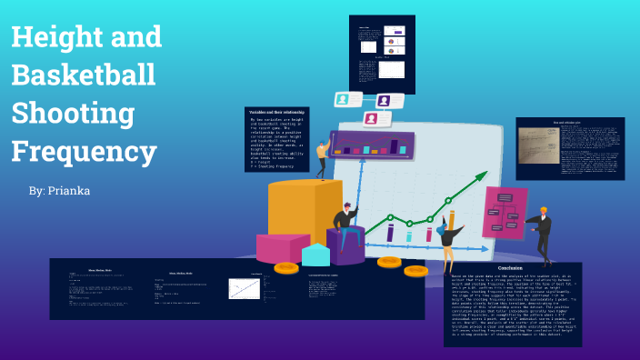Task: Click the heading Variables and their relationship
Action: coord(276,112)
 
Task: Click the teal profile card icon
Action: coord(343,99)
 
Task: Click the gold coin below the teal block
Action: coord(286,267)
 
